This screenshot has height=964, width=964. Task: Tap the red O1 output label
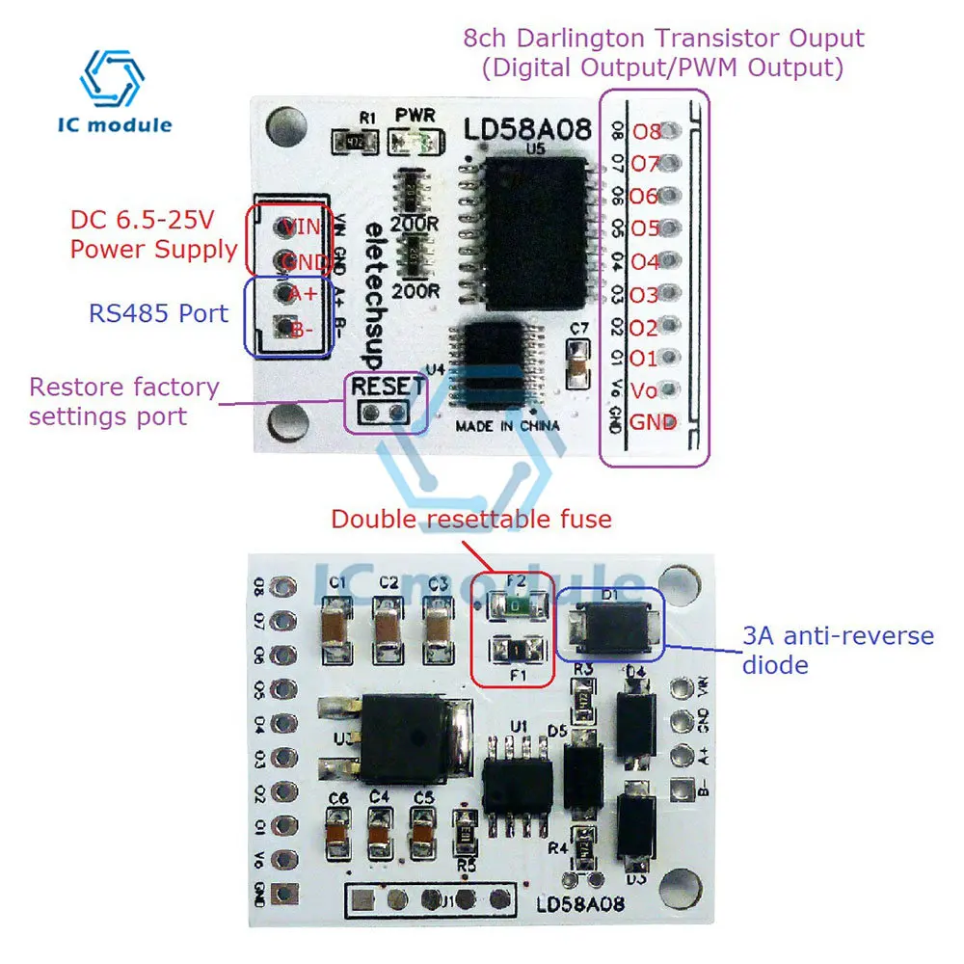tap(644, 359)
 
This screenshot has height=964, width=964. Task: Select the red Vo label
tap(643, 390)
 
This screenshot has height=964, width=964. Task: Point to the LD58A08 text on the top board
tap(526, 130)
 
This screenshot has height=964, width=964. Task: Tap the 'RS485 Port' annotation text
tap(158, 313)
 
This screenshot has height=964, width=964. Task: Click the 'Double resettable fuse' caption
tap(471, 520)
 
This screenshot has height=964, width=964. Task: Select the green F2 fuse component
tap(516, 606)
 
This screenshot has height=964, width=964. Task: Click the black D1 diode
tap(610, 626)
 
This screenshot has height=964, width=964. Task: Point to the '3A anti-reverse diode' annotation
tap(824, 650)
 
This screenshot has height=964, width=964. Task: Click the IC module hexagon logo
tap(112, 78)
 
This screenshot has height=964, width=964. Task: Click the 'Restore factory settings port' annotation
tap(123, 402)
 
